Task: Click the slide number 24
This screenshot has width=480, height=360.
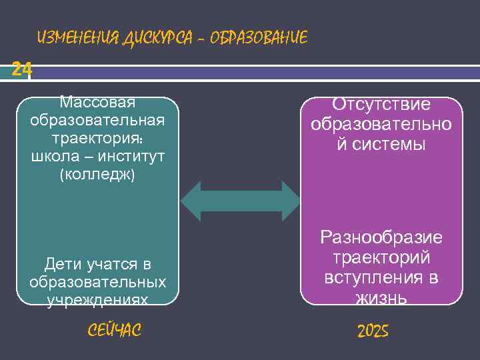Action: (x=21, y=69)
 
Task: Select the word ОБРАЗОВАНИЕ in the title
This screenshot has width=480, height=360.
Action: (x=258, y=38)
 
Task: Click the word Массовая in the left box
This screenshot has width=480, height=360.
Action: (x=97, y=103)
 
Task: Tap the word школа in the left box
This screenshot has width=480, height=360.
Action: (x=53, y=157)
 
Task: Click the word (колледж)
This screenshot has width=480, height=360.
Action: (x=97, y=175)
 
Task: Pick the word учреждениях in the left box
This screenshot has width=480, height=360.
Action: (x=97, y=300)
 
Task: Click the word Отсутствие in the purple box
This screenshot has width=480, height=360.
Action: (x=381, y=105)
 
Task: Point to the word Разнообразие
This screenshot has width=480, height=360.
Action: (x=381, y=238)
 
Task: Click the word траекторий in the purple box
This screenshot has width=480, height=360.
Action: (x=381, y=257)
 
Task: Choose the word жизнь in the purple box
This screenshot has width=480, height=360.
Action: (x=381, y=297)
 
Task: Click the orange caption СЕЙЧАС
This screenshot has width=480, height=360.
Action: (x=115, y=329)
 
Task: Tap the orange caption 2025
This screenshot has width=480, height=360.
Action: (x=373, y=331)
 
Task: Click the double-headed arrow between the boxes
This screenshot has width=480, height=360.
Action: (x=241, y=201)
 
